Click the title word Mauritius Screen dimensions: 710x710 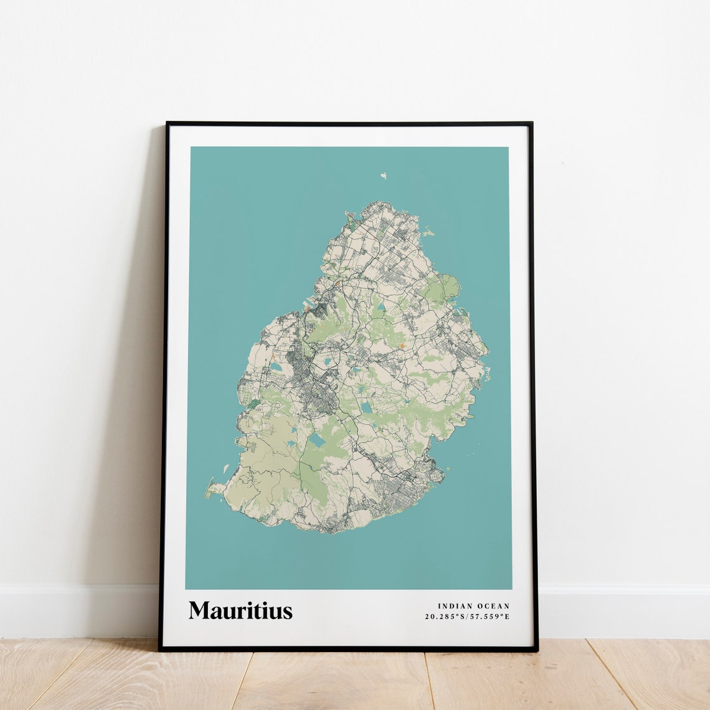tap(240, 610)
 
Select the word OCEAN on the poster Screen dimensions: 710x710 tap(493, 606)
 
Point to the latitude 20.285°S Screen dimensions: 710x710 tap(445, 617)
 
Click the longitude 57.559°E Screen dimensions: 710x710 tap(490, 617)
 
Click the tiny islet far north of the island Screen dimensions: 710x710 tap(384, 176)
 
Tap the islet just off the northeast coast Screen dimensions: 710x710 tap(428, 234)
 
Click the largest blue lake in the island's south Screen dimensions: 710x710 tap(317, 441)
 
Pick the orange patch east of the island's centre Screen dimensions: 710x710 tap(402, 345)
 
